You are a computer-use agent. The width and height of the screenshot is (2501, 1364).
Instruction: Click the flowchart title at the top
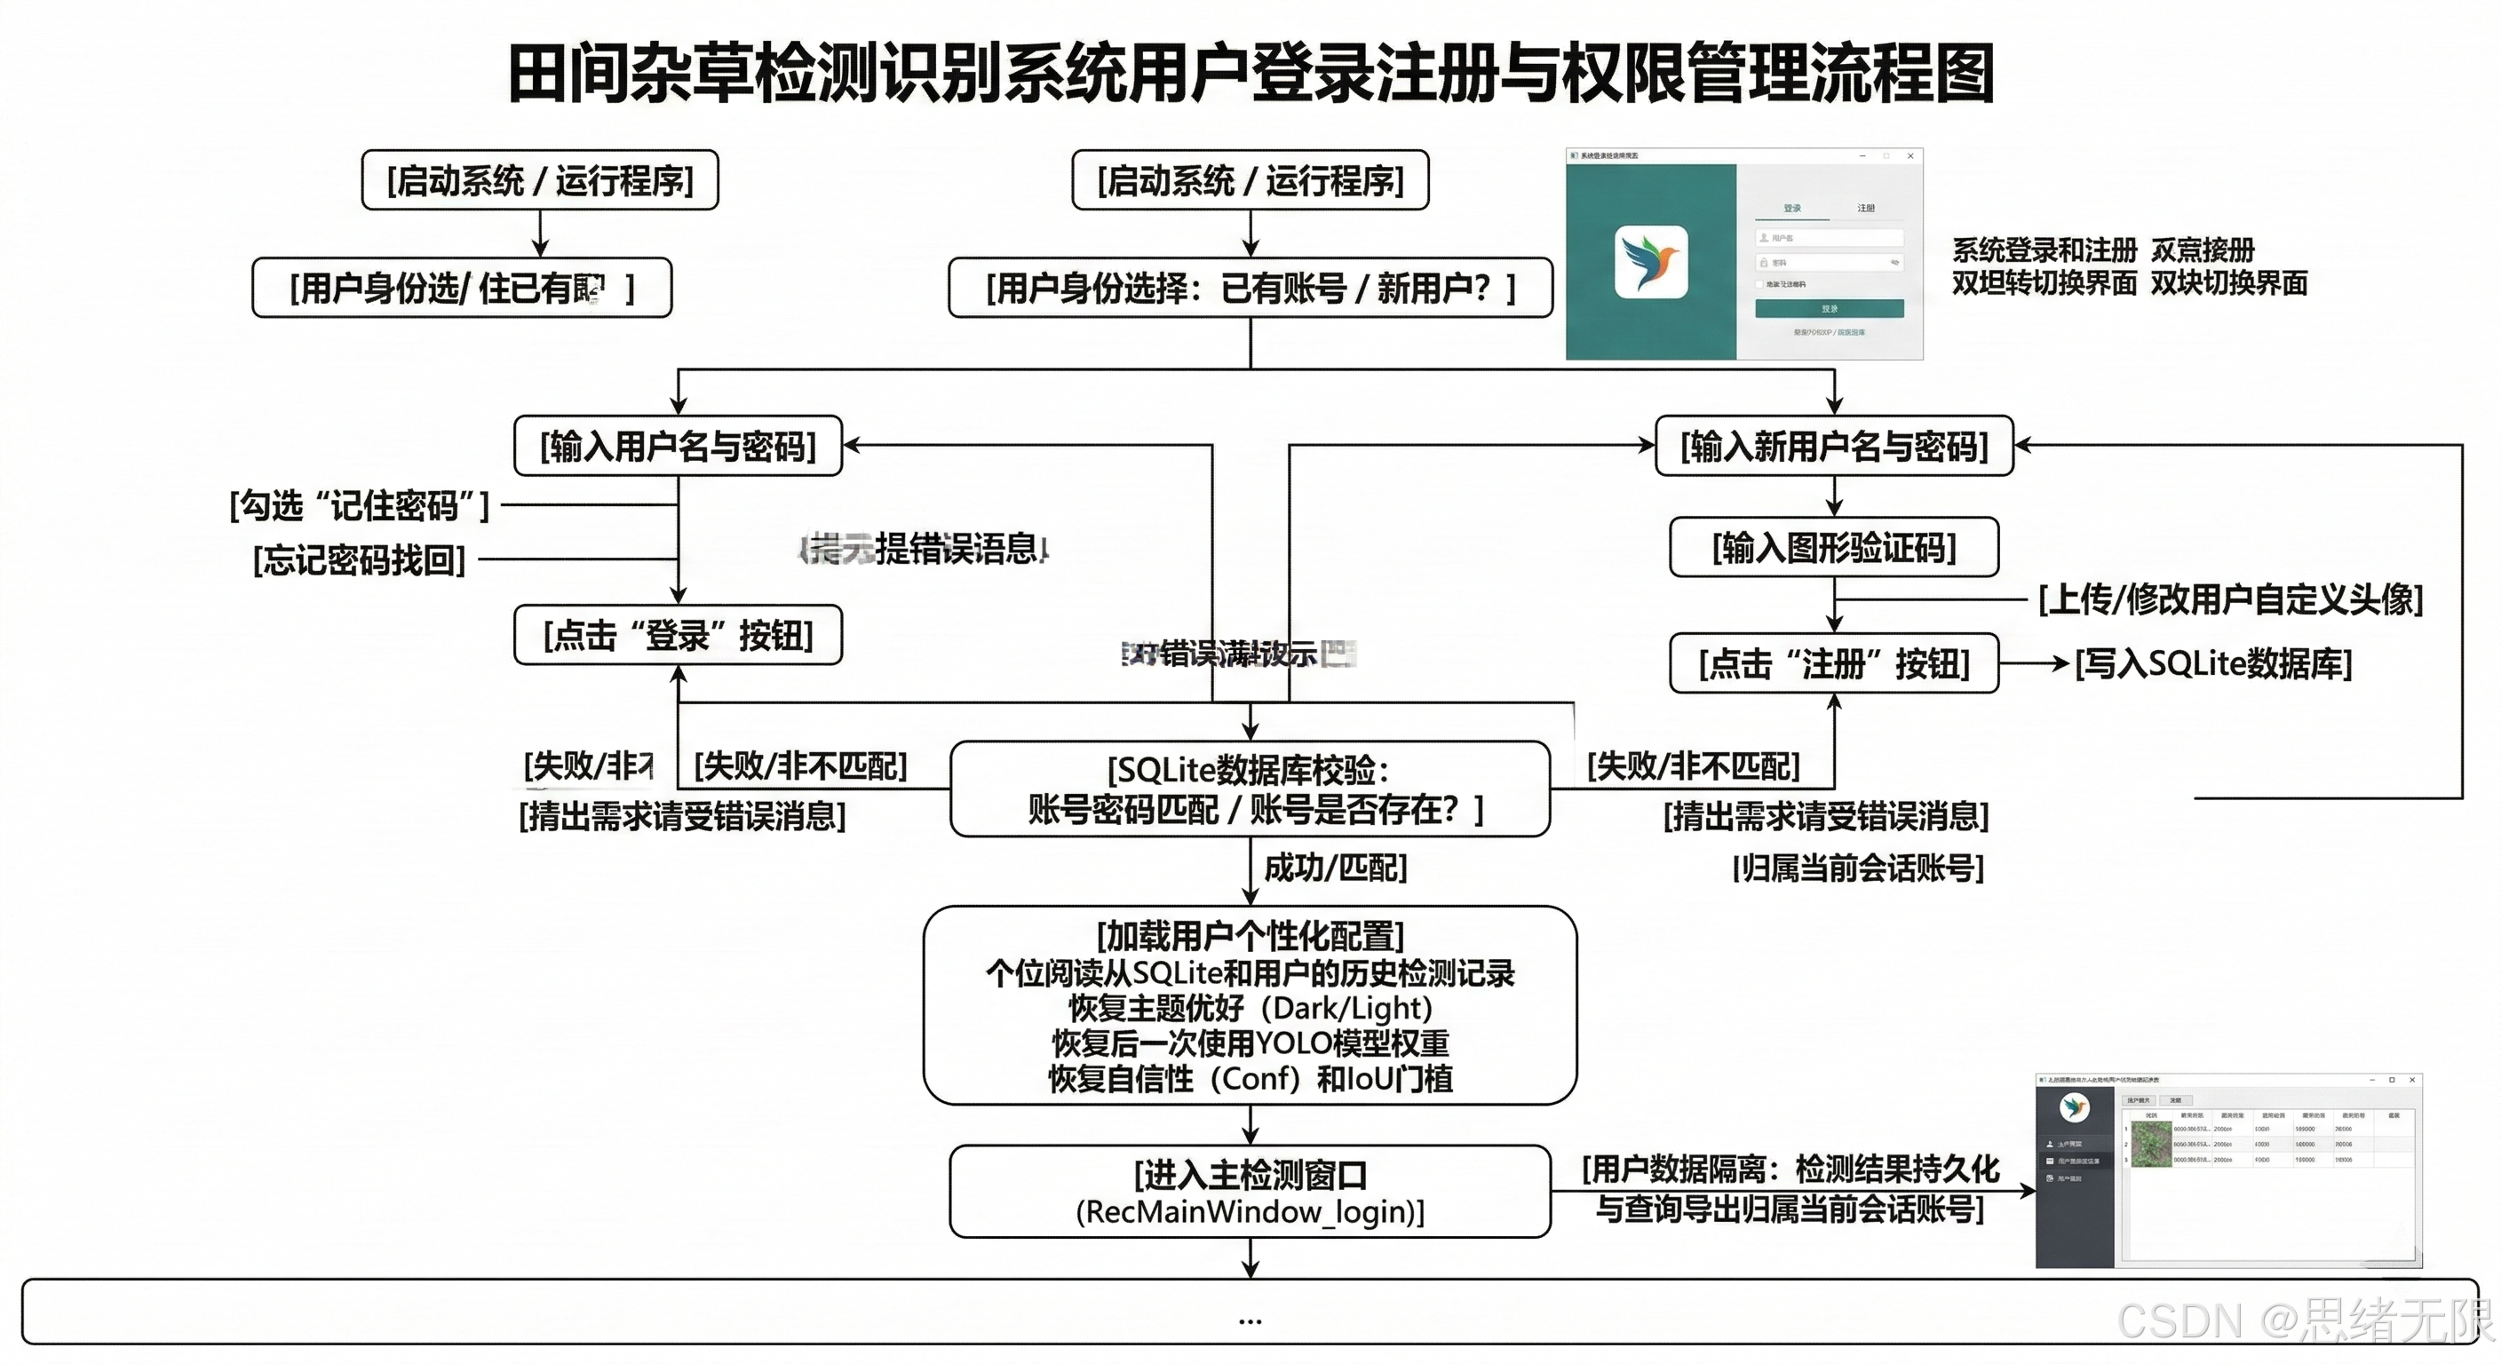pyautogui.click(x=1250, y=74)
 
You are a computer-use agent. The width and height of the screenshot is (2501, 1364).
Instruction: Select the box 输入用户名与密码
pyautogui.click(x=678, y=447)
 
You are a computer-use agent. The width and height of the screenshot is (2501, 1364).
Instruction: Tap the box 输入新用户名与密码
pyautogui.click(x=1834, y=447)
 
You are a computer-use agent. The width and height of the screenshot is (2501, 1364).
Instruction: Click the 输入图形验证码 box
pyautogui.click(x=1834, y=549)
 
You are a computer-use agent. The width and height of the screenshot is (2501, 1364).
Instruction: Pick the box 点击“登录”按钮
pyautogui.click(x=678, y=636)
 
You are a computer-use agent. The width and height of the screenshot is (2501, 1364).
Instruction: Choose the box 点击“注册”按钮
pyautogui.click(x=1834, y=664)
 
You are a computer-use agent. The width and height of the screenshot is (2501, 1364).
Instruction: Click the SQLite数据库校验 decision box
pyautogui.click(x=1250, y=789)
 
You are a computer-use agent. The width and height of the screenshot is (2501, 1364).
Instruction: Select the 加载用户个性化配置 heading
pyautogui.click(x=1250, y=937)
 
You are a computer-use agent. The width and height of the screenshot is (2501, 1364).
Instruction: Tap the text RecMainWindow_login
pyautogui.click(x=1250, y=1211)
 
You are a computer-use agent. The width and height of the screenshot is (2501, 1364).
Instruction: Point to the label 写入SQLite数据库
pyautogui.click(x=2213, y=664)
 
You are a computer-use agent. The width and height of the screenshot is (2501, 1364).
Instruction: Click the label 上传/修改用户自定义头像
pyautogui.click(x=2230, y=600)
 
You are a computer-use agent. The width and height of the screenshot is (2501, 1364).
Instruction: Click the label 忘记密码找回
pyautogui.click(x=359, y=560)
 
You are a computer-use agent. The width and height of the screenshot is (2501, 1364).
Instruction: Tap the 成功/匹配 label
pyautogui.click(x=1335, y=868)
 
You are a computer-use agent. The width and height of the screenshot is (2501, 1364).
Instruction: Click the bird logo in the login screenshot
pyautogui.click(x=1650, y=262)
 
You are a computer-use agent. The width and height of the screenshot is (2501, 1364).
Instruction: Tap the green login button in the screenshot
pyautogui.click(x=1830, y=309)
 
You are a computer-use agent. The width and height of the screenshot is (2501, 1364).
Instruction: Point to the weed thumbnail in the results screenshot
pyautogui.click(x=2150, y=1145)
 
